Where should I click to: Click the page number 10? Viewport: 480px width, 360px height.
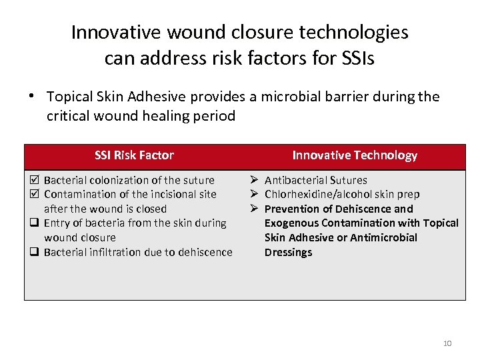447,343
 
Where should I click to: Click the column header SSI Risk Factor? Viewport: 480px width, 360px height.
134,155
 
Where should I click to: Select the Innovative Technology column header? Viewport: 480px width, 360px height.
355,155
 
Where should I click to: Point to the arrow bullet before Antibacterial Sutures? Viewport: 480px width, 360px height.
255,180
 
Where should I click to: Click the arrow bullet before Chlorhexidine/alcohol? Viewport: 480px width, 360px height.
255,195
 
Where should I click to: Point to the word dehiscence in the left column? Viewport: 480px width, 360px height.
203,252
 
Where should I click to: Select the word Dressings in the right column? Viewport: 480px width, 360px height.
288,252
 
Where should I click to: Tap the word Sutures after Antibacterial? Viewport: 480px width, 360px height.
347,180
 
